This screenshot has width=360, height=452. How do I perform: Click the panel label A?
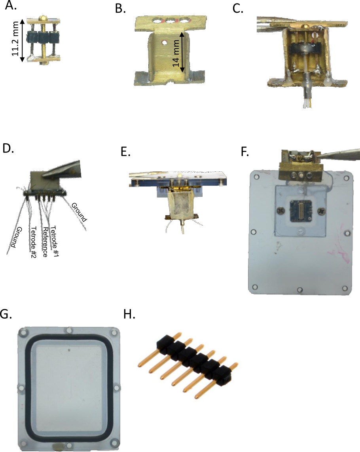pos(11,5)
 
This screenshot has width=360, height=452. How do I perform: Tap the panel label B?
pos(120,9)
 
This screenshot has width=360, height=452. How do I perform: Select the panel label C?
pos(238,9)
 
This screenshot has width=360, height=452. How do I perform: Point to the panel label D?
pos(8,148)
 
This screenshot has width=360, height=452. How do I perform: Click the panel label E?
pos(125,152)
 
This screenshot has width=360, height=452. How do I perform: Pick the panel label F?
pos(245,152)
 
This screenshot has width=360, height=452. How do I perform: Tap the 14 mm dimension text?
pos(176,53)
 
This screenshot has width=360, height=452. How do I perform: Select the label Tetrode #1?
pos(55,241)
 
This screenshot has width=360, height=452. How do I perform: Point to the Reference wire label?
pos(45,242)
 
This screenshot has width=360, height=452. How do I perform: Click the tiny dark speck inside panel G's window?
pos(69,351)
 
